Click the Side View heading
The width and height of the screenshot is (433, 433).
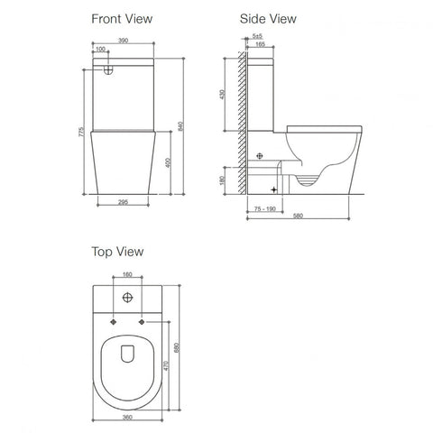coord(266,17)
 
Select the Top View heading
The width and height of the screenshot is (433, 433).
coord(118,252)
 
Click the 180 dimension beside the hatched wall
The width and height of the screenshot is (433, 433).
coord(234,179)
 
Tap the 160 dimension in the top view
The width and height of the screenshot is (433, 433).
coord(127,275)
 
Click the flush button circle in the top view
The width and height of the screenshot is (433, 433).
coord(127,298)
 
